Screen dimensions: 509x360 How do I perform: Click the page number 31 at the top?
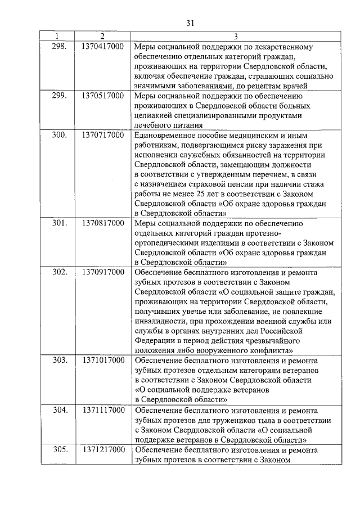[x=190, y=22]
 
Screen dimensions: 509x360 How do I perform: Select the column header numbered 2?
[x=102, y=37]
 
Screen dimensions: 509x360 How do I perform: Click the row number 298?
[x=59, y=46]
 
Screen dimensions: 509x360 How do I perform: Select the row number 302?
[x=59, y=273]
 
